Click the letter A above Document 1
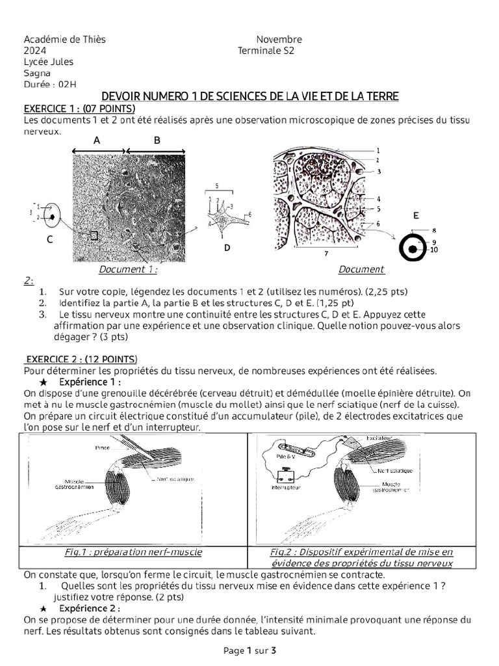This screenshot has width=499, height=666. [97, 140]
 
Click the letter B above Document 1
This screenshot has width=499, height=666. [157, 140]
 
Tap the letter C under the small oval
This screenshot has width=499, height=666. [49, 239]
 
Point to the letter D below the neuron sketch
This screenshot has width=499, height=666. [226, 248]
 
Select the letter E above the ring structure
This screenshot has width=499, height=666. [416, 215]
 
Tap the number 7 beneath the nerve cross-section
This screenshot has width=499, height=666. [327, 254]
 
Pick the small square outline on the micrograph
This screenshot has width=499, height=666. [94, 235]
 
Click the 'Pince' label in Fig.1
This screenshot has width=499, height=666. [103, 448]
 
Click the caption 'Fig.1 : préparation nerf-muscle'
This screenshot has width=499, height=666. [133, 552]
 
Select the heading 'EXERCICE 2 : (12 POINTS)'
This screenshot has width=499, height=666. [82, 358]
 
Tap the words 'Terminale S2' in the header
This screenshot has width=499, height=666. [266, 51]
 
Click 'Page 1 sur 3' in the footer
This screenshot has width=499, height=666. [249, 650]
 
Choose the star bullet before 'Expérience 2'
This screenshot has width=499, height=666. [43, 608]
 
